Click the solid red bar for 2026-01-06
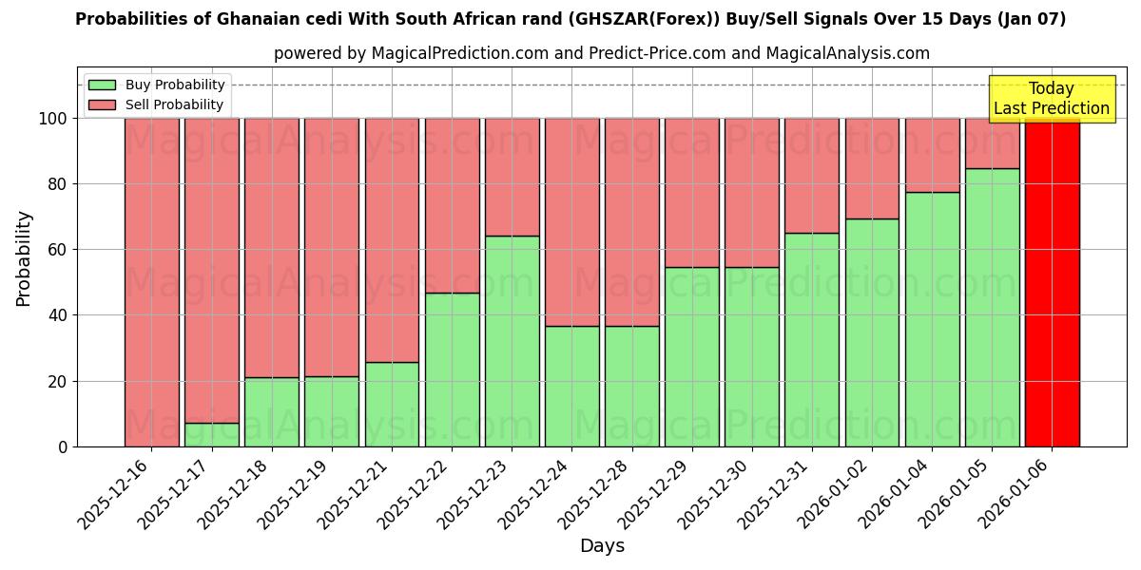point(1052,282)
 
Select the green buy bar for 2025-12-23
point(512,341)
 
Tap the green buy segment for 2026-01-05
point(992,307)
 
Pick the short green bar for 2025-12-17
point(211,435)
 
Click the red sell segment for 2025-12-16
point(151,282)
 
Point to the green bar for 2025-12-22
point(452,370)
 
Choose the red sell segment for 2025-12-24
point(571,222)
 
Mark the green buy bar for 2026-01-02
point(872,332)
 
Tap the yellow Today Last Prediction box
point(1051,99)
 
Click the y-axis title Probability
point(24,258)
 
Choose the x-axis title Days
point(602,546)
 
